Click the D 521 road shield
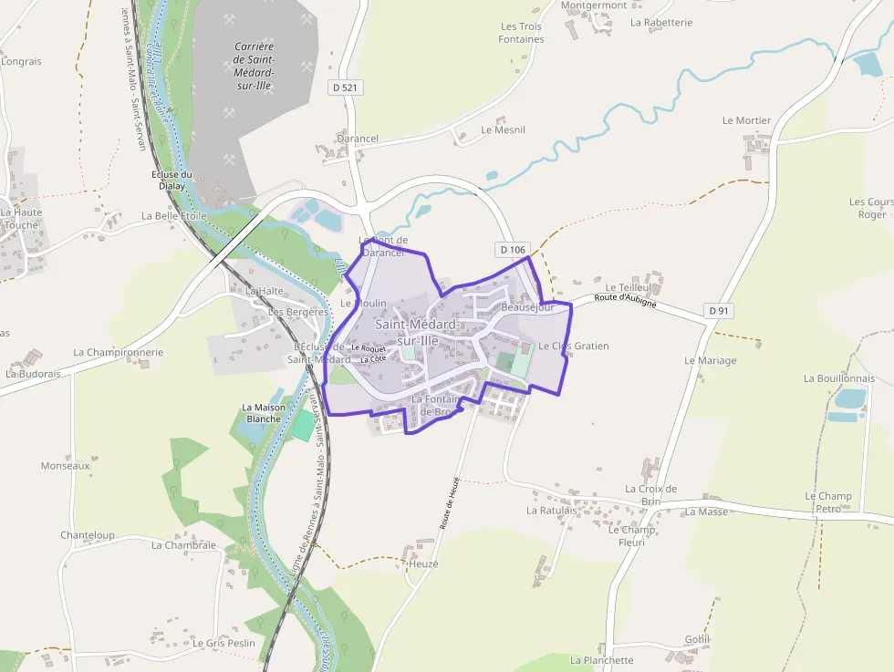click(344, 87)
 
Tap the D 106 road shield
click(514, 250)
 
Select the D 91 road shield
click(720, 311)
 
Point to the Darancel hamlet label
click(357, 139)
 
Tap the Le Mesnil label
click(503, 130)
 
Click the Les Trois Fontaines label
click(521, 34)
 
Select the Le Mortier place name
click(746, 120)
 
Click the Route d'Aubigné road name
click(625, 299)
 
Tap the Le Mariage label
click(710, 360)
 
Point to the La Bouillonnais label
click(838, 378)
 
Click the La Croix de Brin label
click(650, 495)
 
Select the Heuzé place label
click(423, 564)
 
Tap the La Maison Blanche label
click(264, 413)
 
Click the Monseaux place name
click(66, 465)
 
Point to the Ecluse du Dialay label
click(172, 180)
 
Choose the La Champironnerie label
click(119, 352)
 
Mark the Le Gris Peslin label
click(223, 643)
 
